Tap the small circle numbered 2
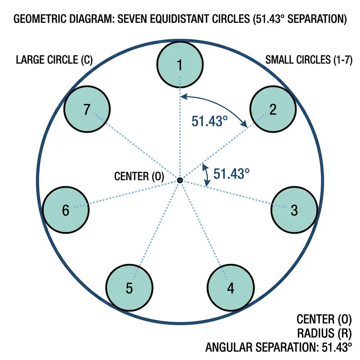tap(273, 109)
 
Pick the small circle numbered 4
tap(230, 288)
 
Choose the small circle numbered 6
tap(65, 210)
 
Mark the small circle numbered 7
tap(87, 109)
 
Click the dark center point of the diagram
tap(180, 180)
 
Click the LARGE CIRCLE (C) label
tap(54, 60)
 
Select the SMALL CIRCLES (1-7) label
tap(305, 60)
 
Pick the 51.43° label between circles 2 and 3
tap(231, 174)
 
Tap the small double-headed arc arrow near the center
tap(206, 175)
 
